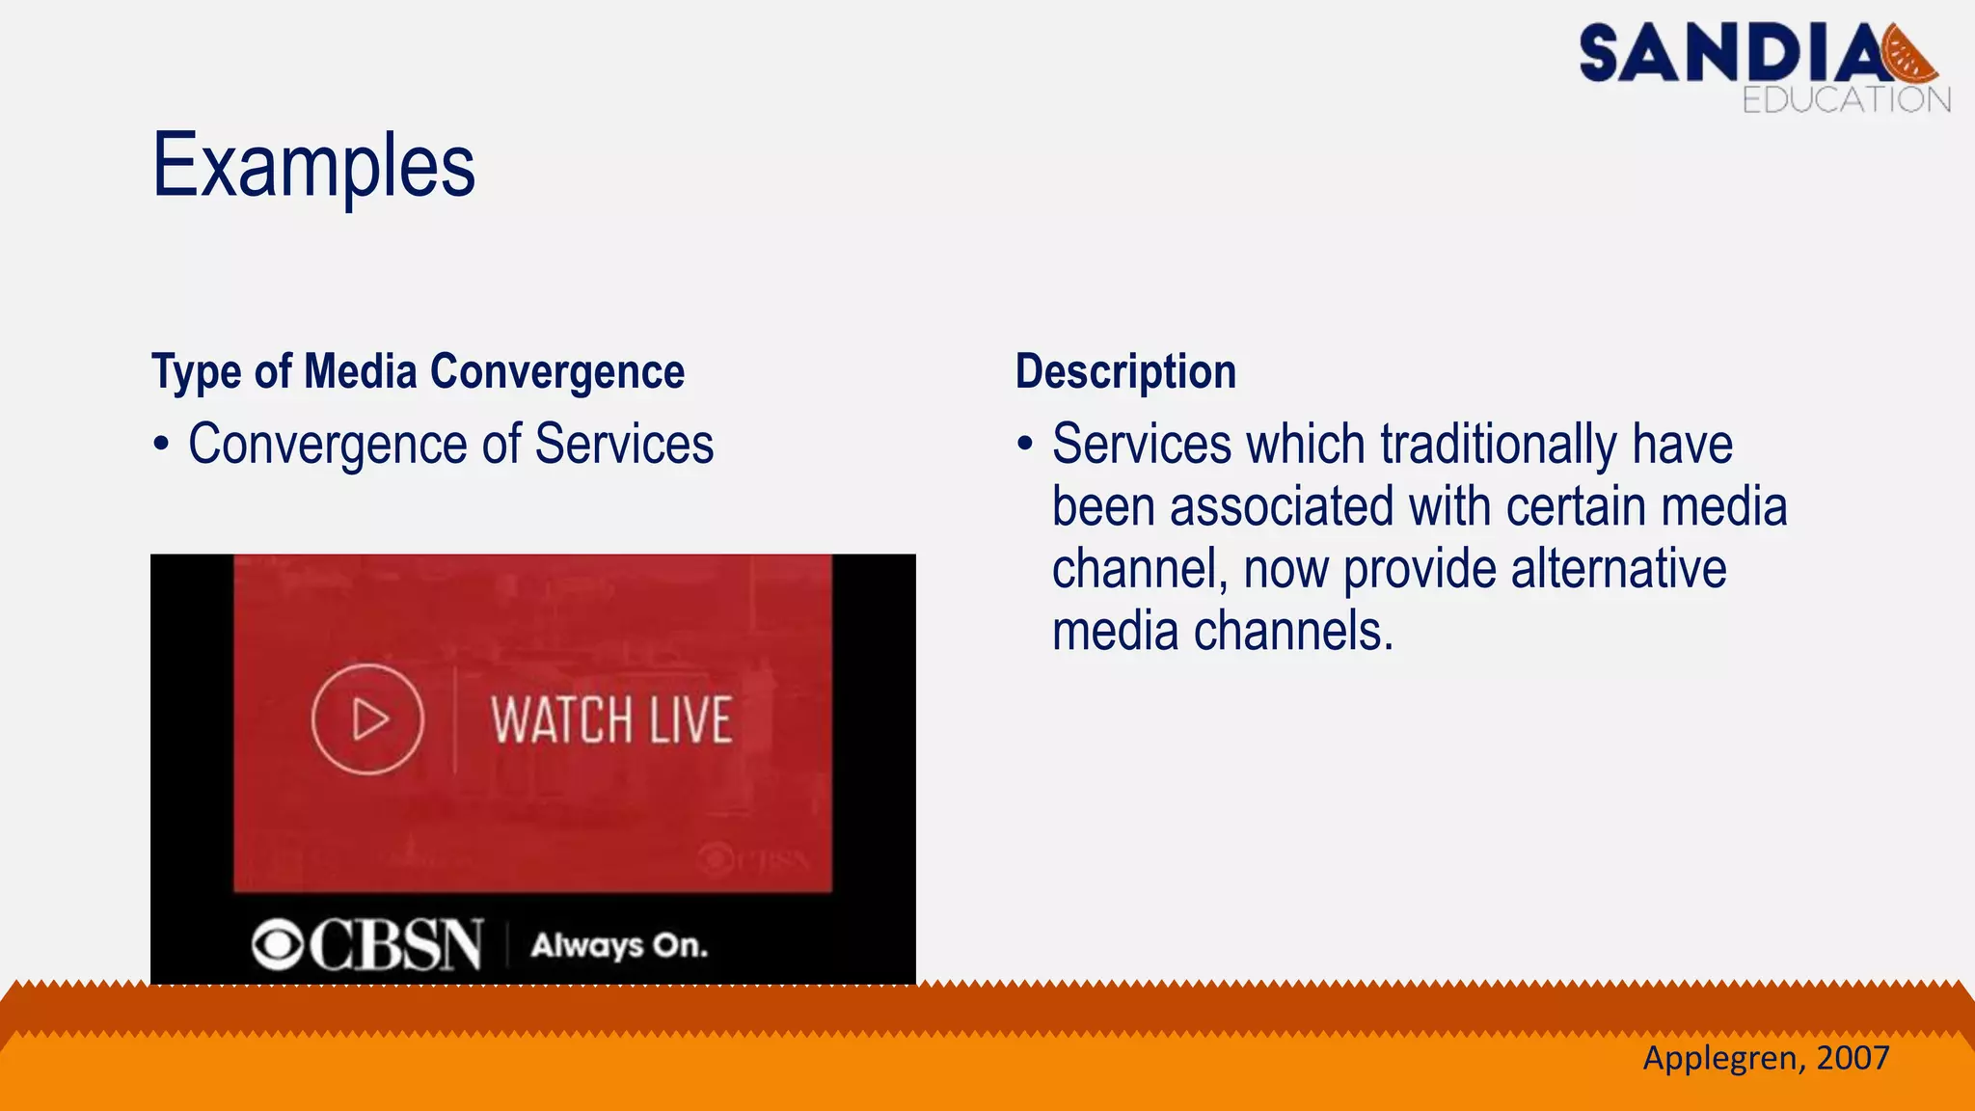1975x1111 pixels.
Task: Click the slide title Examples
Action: coord(313,166)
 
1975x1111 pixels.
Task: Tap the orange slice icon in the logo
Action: coord(1910,55)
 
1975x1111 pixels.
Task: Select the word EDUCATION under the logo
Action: coord(1846,99)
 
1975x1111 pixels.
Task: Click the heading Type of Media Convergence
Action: coord(418,372)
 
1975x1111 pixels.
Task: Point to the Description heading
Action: coord(1125,372)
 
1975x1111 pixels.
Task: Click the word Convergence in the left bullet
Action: coord(328,445)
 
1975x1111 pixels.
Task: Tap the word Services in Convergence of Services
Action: coord(624,445)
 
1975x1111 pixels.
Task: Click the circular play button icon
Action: coord(367,719)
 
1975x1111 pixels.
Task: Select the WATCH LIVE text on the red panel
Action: coord(611,720)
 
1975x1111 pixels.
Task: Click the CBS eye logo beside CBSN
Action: coord(278,944)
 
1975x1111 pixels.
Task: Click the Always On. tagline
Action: coord(619,945)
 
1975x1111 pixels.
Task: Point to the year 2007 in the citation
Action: coord(1853,1058)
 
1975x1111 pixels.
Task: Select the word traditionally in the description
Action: coord(1498,445)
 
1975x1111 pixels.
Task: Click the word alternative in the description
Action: coord(1618,569)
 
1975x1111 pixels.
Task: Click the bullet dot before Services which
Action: coord(1025,445)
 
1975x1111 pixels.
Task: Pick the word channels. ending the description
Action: coord(1293,632)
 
